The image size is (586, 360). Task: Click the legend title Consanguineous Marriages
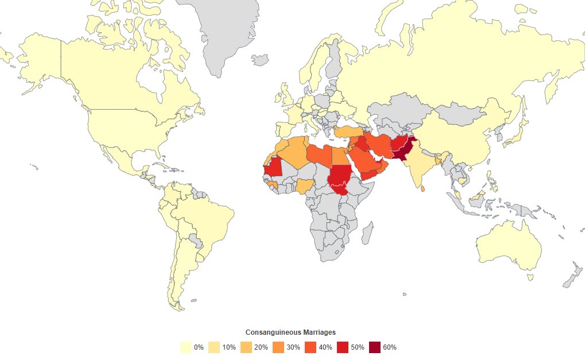(x=290, y=332)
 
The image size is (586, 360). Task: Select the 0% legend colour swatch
(x=185, y=347)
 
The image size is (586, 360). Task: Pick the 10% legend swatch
(x=214, y=347)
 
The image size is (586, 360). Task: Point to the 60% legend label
(x=390, y=347)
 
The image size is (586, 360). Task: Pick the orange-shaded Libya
(x=319, y=156)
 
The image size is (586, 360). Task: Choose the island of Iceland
(x=260, y=60)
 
